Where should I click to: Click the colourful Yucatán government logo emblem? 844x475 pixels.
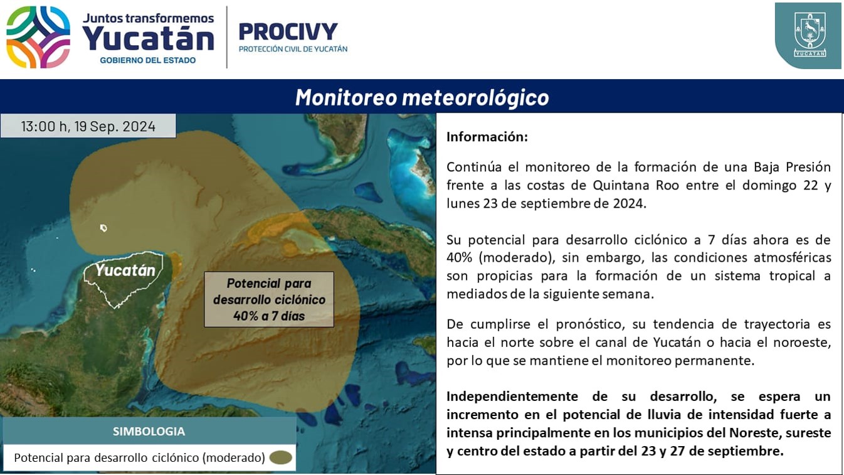pyautogui.click(x=38, y=37)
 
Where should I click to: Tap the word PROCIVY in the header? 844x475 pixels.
pyautogui.click(x=288, y=31)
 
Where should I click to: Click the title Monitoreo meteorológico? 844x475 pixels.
pyautogui.click(x=422, y=97)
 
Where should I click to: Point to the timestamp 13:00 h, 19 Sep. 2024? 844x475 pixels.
pyautogui.click(x=88, y=126)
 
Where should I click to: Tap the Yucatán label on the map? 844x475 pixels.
pyautogui.click(x=125, y=270)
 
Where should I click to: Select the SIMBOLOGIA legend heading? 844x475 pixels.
pyautogui.click(x=149, y=431)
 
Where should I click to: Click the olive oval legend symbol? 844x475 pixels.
pyautogui.click(x=281, y=457)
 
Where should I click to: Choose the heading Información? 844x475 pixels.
pyautogui.click(x=487, y=137)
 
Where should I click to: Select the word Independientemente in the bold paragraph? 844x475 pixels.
pyautogui.click(x=512, y=397)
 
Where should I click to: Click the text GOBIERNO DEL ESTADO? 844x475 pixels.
pyautogui.click(x=148, y=60)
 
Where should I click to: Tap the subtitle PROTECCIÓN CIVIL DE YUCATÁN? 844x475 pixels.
pyautogui.click(x=293, y=49)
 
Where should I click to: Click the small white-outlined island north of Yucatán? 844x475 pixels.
pyautogui.click(x=103, y=228)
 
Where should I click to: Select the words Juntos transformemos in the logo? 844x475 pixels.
pyautogui.click(x=148, y=18)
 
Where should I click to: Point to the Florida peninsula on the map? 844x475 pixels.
pyautogui.click(x=341, y=136)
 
